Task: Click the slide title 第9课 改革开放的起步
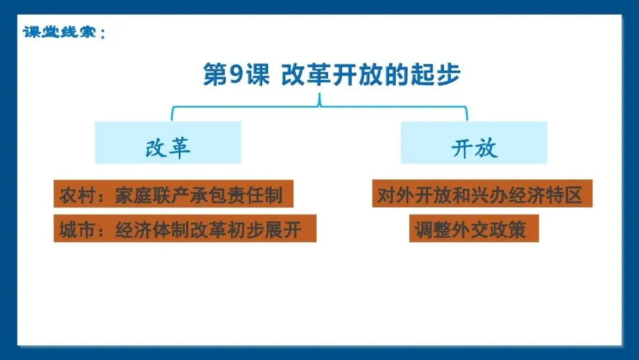point(331,75)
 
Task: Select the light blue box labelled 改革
point(168,143)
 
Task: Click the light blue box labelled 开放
point(474,143)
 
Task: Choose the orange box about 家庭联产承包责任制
point(173,194)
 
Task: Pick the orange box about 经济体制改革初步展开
point(185,229)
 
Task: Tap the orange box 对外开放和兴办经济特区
point(482,194)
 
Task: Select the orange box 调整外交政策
point(474,229)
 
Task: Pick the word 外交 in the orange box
point(474,229)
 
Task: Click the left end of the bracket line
point(172,114)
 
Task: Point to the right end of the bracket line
point(467,114)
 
